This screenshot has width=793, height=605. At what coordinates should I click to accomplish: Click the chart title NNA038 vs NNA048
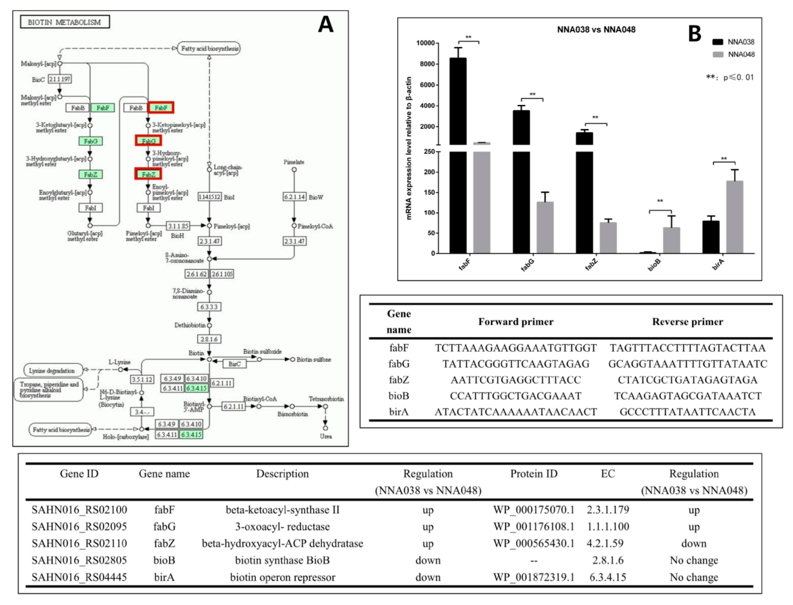596,30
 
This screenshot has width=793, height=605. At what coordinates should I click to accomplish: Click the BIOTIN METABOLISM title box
65,22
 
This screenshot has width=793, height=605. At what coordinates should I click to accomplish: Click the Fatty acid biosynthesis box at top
209,48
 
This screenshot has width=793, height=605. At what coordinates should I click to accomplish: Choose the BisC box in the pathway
234,364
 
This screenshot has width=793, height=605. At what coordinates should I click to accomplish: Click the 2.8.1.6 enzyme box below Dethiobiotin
209,339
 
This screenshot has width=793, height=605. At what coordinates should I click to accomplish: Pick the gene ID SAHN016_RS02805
79,560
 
